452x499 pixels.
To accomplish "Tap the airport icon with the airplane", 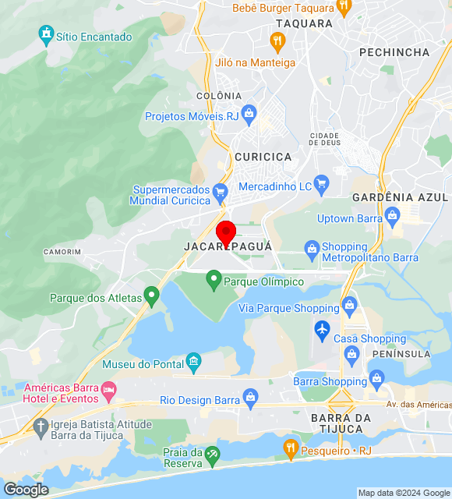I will (x=323, y=330).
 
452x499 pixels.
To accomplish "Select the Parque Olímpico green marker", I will (x=213, y=281).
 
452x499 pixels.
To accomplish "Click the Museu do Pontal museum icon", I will (x=192, y=363).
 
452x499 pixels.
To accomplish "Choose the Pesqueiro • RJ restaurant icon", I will (x=291, y=448).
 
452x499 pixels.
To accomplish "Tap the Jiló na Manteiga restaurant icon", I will (x=277, y=41).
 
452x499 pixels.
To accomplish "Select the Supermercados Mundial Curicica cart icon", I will (x=221, y=191).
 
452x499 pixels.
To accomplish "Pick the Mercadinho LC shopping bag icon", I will (x=323, y=186).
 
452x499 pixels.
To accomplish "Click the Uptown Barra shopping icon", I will (x=392, y=214).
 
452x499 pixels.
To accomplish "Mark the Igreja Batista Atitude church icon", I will (x=41, y=426).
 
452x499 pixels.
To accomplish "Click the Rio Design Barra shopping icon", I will (x=251, y=400).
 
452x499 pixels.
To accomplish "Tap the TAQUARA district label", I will (x=304, y=23).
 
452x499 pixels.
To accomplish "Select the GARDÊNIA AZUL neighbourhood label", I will (x=401, y=197).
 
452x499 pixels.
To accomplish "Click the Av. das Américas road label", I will (x=418, y=405).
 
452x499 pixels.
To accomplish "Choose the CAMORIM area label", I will (x=62, y=252).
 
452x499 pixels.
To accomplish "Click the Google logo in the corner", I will (x=26, y=489).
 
